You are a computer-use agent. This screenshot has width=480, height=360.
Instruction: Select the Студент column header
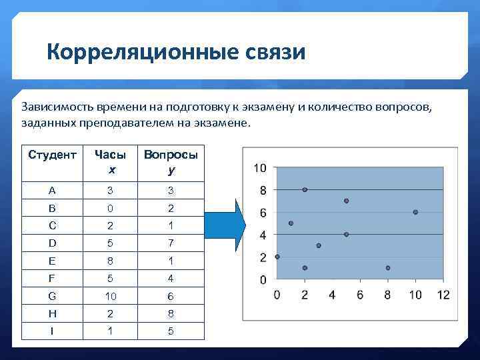coord(52,155)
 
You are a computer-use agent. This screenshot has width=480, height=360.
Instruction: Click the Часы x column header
coord(111,162)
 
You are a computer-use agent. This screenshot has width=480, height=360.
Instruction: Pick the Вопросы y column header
coord(171,162)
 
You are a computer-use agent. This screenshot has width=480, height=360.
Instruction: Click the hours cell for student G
coord(111,296)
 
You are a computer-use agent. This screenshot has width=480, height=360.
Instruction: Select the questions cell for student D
coord(171,243)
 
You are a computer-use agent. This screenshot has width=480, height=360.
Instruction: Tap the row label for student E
coord(52,261)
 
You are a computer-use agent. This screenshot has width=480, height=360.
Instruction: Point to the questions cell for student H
coord(171,313)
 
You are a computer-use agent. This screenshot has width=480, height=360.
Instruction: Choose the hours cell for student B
coord(111,208)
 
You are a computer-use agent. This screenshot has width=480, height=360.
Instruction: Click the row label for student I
coord(52,331)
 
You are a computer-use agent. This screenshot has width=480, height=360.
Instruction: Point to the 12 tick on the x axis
coord(443,295)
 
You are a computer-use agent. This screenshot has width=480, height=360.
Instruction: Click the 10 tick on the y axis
coord(260,168)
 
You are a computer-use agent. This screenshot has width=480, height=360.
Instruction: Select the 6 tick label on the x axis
coord(360,295)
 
